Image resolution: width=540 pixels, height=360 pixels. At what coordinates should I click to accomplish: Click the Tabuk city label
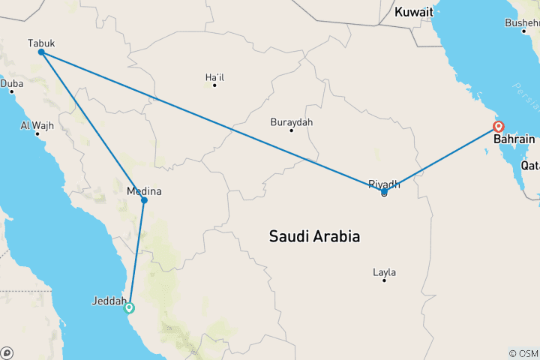coord(40,43)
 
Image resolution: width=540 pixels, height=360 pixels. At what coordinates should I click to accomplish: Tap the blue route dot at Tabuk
coord(41,52)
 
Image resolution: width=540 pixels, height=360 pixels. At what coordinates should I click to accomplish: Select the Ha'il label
coord(214,76)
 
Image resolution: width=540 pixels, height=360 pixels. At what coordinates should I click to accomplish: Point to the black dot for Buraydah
coord(292,130)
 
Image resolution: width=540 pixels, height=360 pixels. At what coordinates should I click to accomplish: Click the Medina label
coord(144,191)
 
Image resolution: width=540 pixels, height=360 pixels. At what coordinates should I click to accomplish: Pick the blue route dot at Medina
coord(144,200)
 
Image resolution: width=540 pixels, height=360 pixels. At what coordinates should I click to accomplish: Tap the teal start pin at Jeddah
coord(129,307)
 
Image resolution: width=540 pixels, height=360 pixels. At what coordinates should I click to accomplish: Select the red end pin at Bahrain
coord(498,127)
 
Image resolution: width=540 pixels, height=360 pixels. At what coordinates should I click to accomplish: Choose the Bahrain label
coord(514,139)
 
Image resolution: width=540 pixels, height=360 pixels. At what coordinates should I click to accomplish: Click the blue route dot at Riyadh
coord(384,193)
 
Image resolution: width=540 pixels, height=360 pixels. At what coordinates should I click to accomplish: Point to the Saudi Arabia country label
coord(314,236)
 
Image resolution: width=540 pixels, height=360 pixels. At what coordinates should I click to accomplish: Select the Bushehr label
coord(522,22)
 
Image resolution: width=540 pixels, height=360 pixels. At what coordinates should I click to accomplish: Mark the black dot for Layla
coord(384,280)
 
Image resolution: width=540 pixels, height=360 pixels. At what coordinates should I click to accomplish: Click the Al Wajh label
coord(37,125)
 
